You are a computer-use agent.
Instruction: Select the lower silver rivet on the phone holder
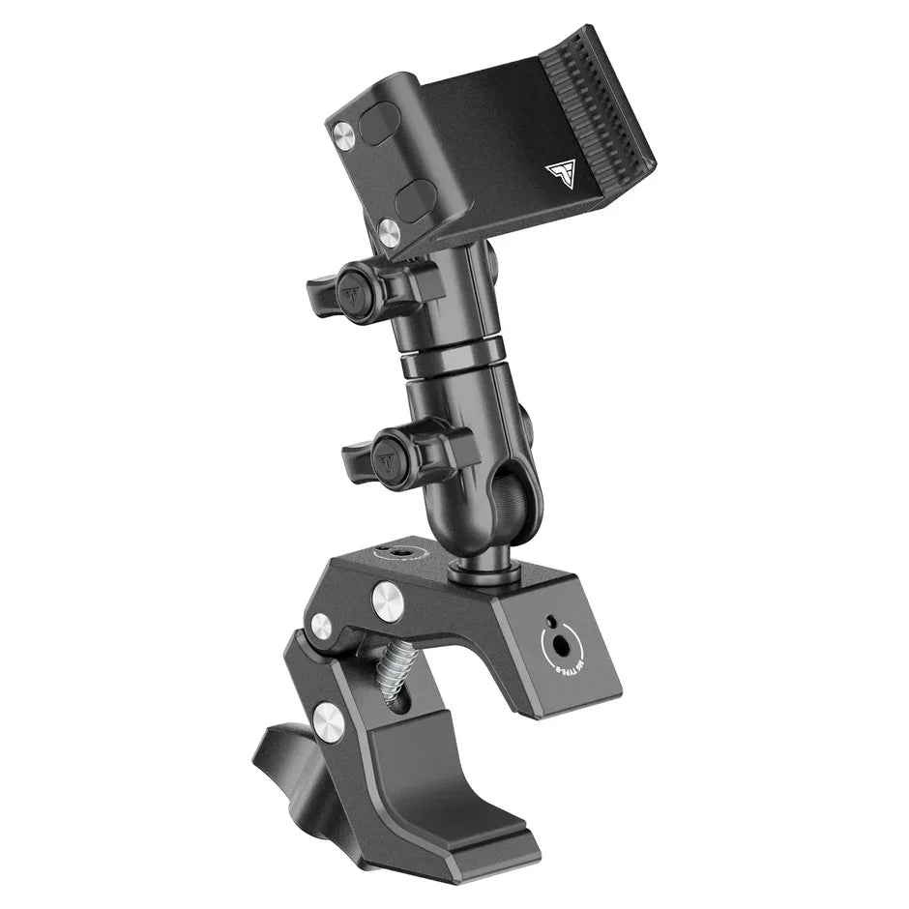point(388,229)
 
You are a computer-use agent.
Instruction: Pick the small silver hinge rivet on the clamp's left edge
point(320,626)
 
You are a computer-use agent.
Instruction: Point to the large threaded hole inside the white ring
point(557,641)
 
